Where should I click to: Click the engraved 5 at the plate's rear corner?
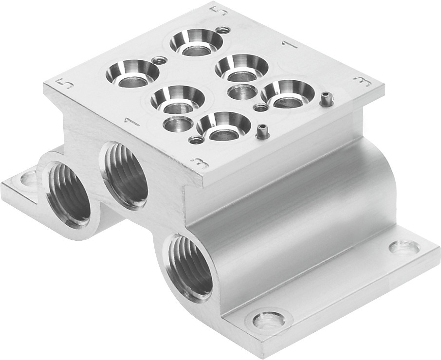click(217, 11)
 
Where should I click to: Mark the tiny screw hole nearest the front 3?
click(196, 141)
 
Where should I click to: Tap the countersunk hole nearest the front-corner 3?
click(223, 126)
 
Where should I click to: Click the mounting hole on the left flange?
click(26, 181)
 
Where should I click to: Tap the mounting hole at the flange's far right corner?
click(404, 248)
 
